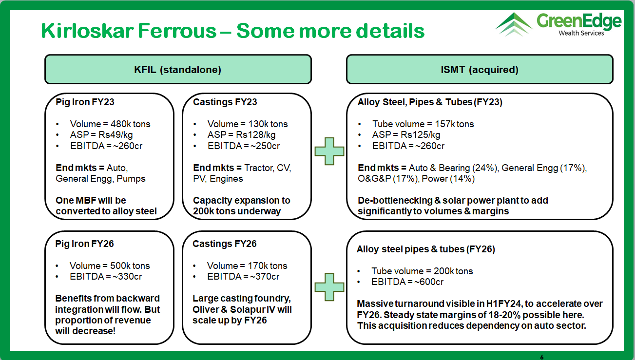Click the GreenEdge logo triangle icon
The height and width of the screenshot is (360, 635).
pyautogui.click(x=513, y=24)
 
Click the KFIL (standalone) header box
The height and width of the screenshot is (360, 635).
pyautogui.click(x=178, y=70)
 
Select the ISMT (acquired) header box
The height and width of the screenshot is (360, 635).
pyautogui.click(x=480, y=70)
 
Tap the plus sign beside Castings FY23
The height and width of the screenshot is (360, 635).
pyautogui.click(x=329, y=152)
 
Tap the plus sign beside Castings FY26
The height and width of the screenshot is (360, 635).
pyautogui.click(x=329, y=287)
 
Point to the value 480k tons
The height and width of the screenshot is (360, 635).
pyautogui.click(x=131, y=124)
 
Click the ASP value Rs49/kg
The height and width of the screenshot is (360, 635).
pyautogui.click(x=115, y=135)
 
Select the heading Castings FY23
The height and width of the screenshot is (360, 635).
pyautogui.click(x=225, y=102)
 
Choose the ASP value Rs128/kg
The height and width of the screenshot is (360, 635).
pyautogui.click(x=256, y=135)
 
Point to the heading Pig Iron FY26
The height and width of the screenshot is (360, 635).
pyautogui.click(x=84, y=244)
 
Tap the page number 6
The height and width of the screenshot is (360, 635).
pyautogui.click(x=542, y=357)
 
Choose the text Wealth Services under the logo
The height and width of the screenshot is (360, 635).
pyautogui.click(x=581, y=33)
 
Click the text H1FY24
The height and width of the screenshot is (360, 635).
pyautogui.click(x=504, y=304)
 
